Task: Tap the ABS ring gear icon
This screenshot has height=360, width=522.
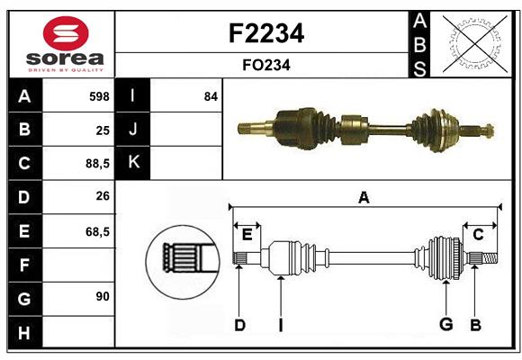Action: [x=474, y=43]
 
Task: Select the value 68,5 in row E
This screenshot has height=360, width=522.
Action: [x=97, y=231]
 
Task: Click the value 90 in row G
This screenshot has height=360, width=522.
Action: [x=103, y=296]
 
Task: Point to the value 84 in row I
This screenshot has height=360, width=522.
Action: [x=211, y=95]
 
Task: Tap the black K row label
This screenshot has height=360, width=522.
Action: [x=133, y=163]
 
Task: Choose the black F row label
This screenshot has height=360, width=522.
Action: [x=23, y=265]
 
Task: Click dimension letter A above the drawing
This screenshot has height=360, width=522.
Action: [x=364, y=197]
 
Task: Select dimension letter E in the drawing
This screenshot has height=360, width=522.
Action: [x=247, y=235]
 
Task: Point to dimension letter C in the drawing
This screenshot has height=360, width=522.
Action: [x=478, y=235]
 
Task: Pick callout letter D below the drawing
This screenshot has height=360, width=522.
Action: [x=239, y=325]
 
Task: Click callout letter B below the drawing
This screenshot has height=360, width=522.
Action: [x=475, y=325]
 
